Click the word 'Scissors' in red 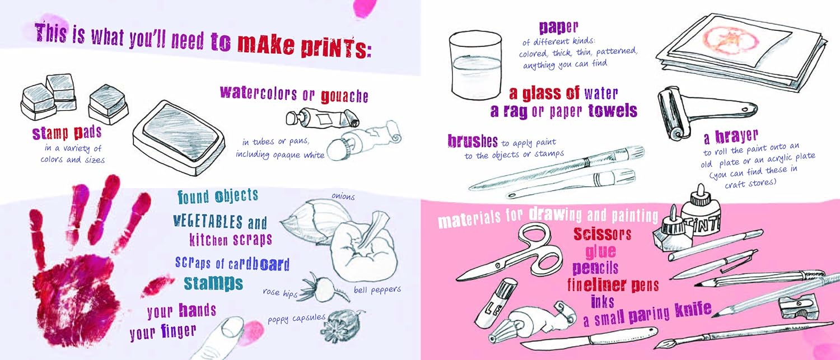pyautogui.click(x=602, y=234)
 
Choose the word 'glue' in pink pyautogui.click(x=600, y=251)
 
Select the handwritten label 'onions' pyautogui.click(x=343, y=196)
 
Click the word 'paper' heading pyautogui.click(x=558, y=27)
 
